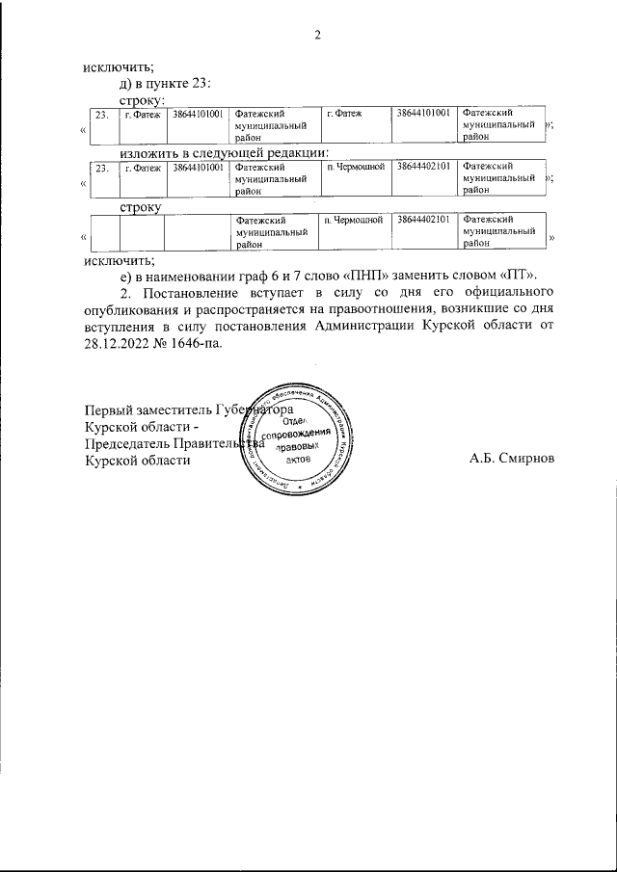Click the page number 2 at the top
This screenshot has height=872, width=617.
tap(316, 37)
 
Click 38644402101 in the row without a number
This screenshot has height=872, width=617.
tap(423, 221)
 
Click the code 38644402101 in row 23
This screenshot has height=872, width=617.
tap(423, 168)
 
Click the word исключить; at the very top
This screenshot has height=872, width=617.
tap(119, 66)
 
